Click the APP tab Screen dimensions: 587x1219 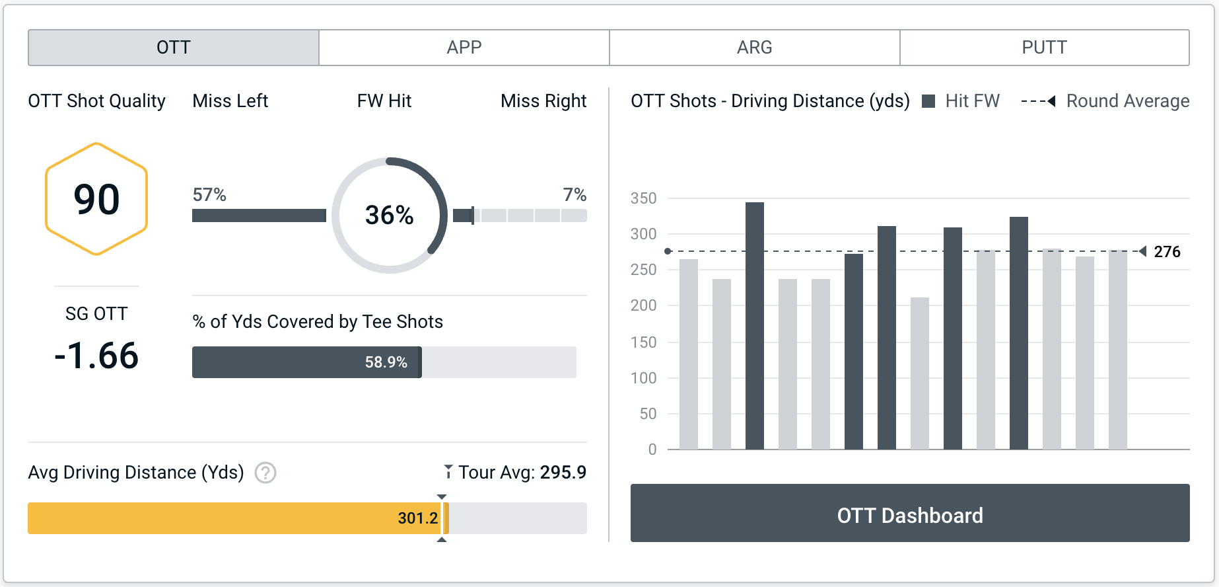[464, 48]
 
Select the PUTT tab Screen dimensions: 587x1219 [1044, 48]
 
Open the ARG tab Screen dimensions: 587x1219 [754, 48]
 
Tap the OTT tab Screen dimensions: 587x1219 [174, 48]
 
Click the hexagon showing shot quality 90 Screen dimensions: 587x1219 [96, 199]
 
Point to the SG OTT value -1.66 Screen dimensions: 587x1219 [96, 356]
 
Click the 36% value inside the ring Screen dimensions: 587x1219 [389, 215]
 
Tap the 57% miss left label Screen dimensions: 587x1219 [209, 195]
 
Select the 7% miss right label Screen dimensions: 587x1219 [575, 195]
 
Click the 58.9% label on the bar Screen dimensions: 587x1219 [386, 362]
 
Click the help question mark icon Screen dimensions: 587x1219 [265, 473]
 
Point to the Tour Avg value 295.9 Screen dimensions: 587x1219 [563, 472]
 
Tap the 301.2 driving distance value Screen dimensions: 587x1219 [417, 518]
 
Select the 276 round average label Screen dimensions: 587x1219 [1167, 252]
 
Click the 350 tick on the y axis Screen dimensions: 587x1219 [643, 198]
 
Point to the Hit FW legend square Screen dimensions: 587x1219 [928, 101]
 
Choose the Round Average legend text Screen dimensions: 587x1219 [1127, 101]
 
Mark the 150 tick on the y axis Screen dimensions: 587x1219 [643, 342]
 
